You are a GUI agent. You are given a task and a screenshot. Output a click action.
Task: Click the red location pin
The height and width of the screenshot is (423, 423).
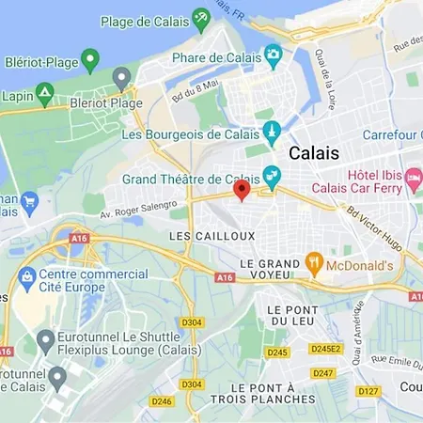click(x=241, y=190)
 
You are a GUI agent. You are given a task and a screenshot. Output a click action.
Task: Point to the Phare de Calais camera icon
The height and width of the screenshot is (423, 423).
click(x=274, y=55)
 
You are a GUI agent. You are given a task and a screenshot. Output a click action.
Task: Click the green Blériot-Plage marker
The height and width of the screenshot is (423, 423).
click(x=90, y=61)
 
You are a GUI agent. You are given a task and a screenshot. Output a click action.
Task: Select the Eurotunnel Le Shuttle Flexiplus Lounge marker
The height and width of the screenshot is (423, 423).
click(x=44, y=339)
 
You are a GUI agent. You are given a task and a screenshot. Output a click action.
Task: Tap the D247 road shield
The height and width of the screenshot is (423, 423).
click(x=322, y=372)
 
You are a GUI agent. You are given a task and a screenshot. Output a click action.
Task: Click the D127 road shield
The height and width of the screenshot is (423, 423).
click(x=368, y=390)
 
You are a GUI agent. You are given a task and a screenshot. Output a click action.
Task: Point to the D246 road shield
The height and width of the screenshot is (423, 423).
click(x=161, y=400)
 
